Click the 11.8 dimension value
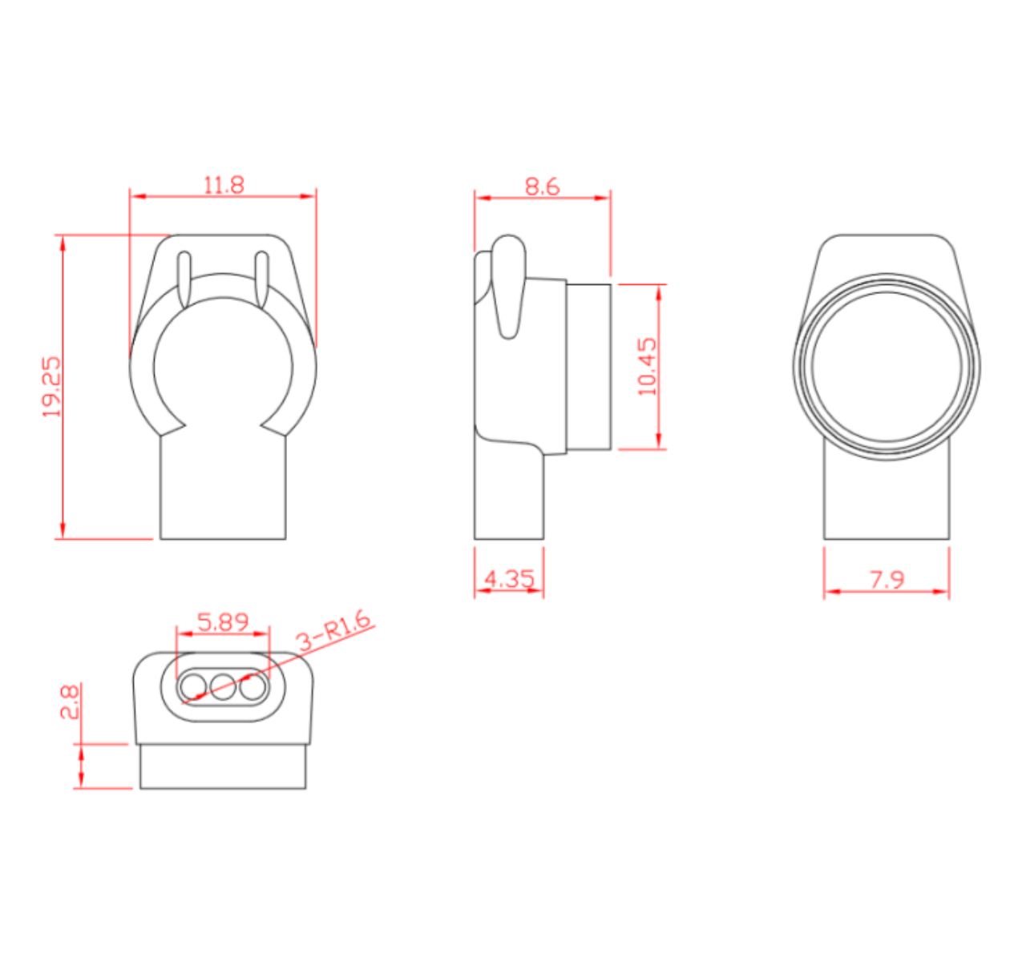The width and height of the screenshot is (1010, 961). tap(224, 185)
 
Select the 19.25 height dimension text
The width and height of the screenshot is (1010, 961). tap(52, 388)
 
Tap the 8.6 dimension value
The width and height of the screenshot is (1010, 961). tap(542, 187)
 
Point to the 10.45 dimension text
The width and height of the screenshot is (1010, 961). tap(647, 367)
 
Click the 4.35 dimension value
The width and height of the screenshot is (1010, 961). tap(509, 578)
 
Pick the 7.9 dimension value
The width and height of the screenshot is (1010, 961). tap(887, 578)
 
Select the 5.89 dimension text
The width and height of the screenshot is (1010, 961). tap(223, 621)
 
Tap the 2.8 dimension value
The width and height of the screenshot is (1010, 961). tap(70, 702)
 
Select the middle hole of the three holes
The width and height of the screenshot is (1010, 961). tap(223, 686)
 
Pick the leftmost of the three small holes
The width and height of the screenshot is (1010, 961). tap(193, 686)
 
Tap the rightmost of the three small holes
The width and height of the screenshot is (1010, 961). tap(252, 686)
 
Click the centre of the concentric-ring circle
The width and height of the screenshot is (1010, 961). tap(886, 368)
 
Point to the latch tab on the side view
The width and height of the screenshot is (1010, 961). tap(508, 285)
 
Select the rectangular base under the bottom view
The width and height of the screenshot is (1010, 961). tap(223, 767)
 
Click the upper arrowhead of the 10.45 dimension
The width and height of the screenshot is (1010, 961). tap(659, 291)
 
